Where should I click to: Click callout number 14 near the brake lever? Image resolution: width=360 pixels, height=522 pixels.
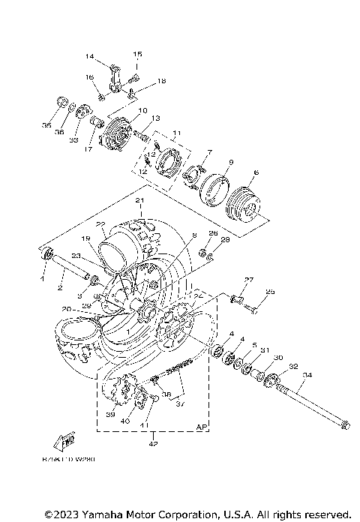point(89,56)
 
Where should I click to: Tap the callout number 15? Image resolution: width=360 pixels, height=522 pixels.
point(137,54)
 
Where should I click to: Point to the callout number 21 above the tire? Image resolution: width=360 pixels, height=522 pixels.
point(139,201)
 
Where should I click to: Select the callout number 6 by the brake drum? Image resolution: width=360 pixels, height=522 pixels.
point(256,173)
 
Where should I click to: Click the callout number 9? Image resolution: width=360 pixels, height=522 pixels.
point(231,162)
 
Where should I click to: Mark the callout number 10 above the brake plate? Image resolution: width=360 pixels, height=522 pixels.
point(142,110)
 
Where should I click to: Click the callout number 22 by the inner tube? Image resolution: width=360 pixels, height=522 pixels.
point(100,223)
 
